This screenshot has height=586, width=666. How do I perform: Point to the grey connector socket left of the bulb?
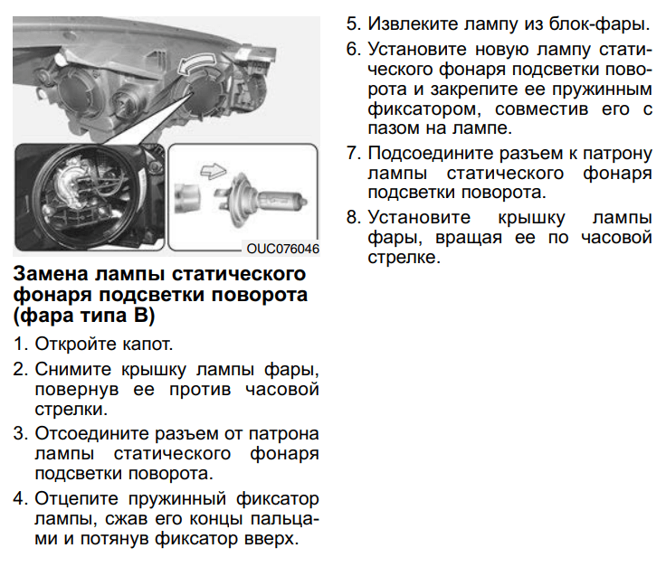[x=186, y=193]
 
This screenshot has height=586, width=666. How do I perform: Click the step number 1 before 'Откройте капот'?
[x=19, y=345]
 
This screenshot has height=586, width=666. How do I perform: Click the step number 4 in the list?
[x=19, y=499]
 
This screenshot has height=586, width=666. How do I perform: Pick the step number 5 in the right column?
[x=352, y=23]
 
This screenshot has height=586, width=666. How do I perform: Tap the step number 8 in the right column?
[x=352, y=218]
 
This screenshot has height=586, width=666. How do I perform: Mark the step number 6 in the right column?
[x=352, y=48]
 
